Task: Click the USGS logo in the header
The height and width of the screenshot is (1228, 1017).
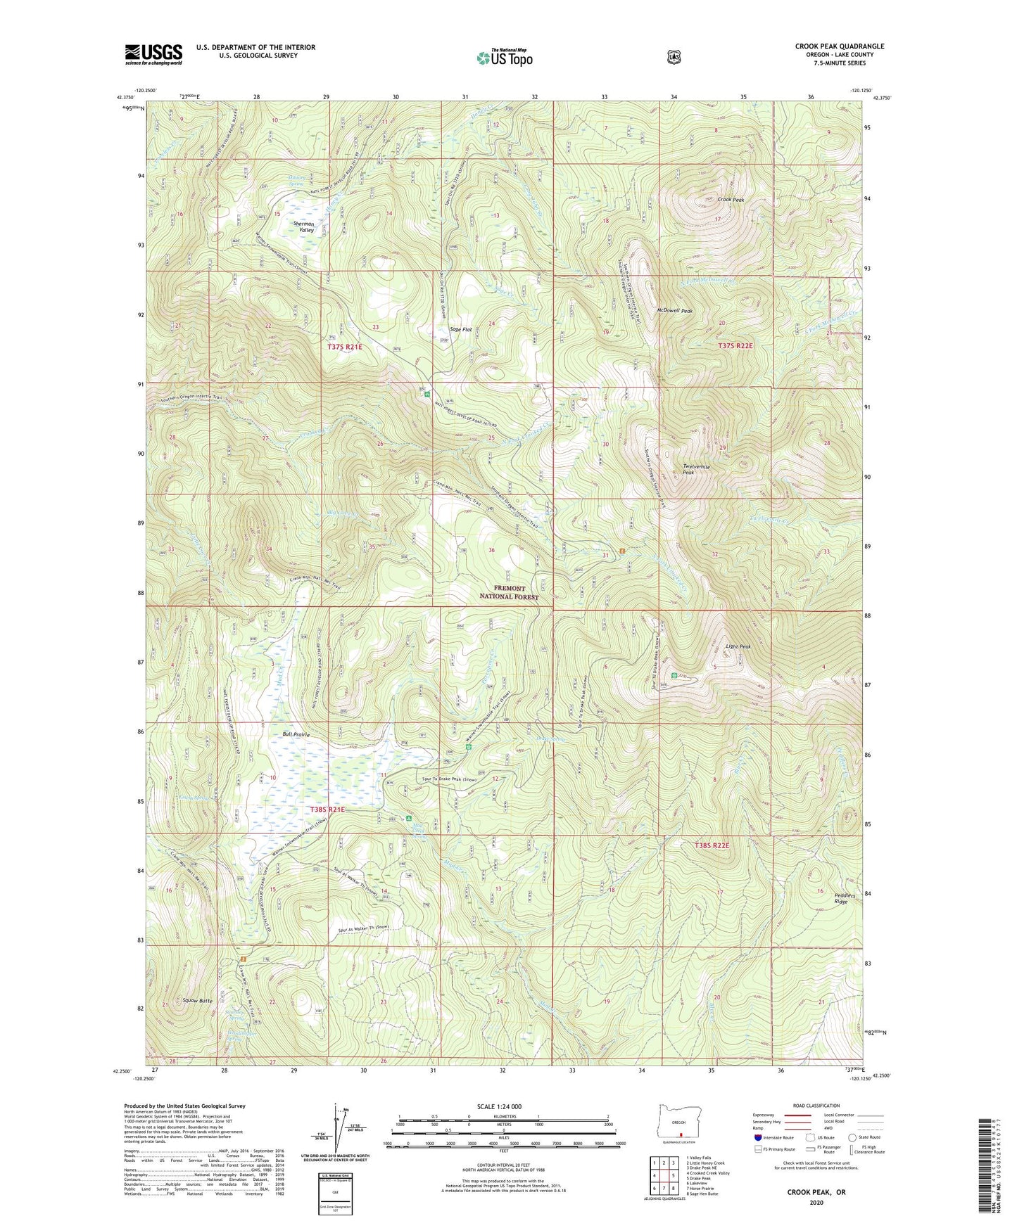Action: [153, 54]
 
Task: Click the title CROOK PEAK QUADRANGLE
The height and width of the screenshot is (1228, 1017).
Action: [839, 46]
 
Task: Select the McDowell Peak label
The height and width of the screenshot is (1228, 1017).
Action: [674, 311]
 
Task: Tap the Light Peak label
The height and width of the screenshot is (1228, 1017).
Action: [738, 646]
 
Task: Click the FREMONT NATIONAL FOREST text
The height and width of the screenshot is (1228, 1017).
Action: [509, 592]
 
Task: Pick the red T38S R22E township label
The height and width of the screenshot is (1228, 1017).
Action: [712, 845]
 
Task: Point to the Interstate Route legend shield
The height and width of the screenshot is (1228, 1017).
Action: [757, 1137]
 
